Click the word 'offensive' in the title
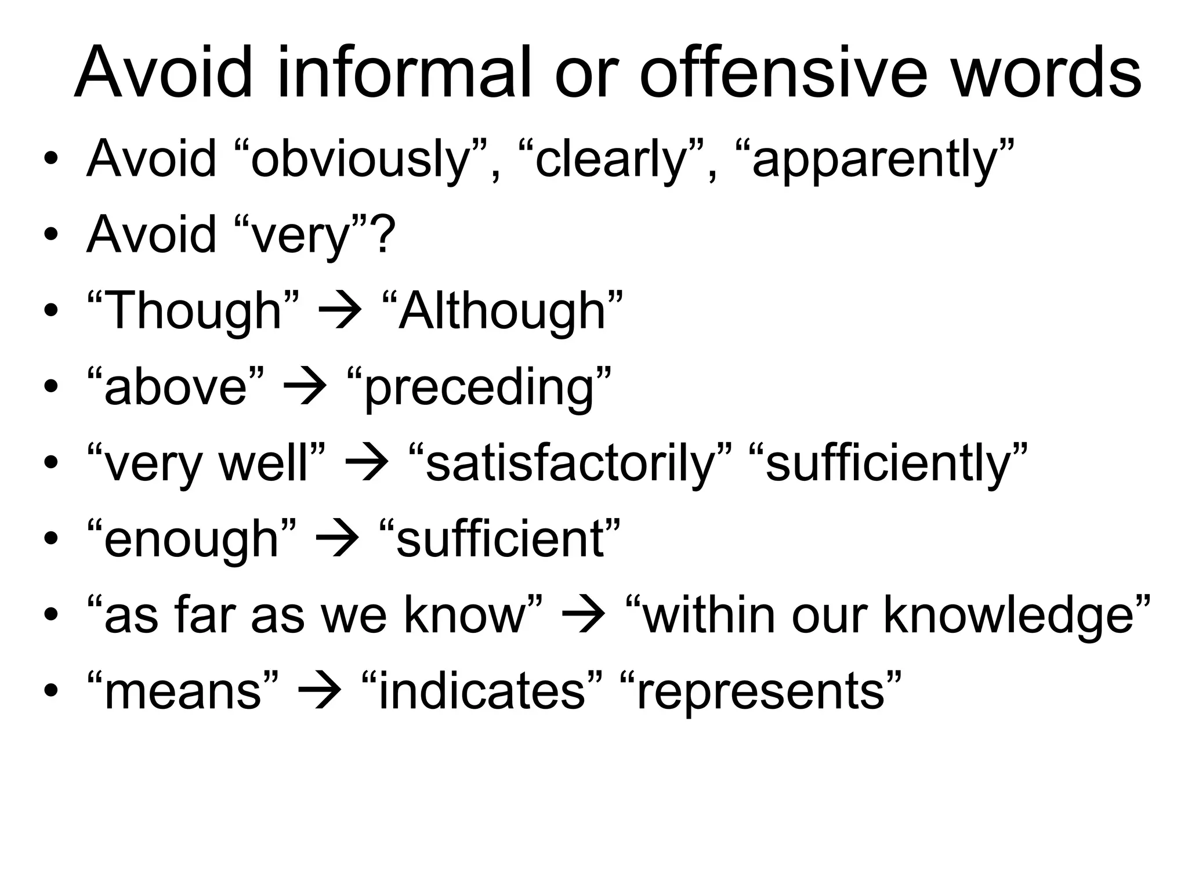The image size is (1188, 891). coord(783,74)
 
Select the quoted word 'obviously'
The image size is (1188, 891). coord(360,160)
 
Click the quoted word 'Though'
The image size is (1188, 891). coord(194,311)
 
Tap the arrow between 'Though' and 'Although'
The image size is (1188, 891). coord(341,312)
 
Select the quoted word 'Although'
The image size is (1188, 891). coord(502,311)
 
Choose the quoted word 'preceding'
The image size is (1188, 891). coord(479,387)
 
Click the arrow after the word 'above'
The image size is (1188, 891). coord(305,388)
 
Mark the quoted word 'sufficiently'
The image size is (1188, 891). coord(888,463)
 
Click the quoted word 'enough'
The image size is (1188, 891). coord(191,539)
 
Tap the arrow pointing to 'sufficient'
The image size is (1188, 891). coord(337,540)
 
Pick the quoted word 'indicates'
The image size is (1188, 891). coord(481,691)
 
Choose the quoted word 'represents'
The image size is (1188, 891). coord(760,692)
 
